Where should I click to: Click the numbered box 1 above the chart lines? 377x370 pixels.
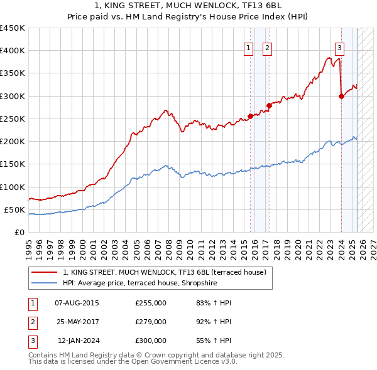(248, 48)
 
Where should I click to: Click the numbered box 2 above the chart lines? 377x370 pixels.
(267, 48)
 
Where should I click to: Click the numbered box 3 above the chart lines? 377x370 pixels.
(339, 48)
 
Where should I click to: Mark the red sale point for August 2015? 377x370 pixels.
(250, 116)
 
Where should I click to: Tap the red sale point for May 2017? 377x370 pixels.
(268, 105)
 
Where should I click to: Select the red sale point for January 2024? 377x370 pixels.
(341, 96)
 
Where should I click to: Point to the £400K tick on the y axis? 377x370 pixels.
(14, 51)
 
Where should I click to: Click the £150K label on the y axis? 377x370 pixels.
(14, 164)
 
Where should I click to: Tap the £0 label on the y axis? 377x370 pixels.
(19, 233)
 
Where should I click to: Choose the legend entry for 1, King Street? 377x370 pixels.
(165, 272)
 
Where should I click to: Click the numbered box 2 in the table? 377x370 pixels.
(31, 322)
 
